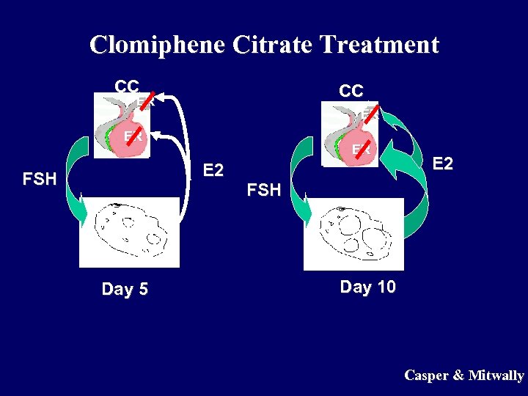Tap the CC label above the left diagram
click(127, 85)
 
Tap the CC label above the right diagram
click(351, 90)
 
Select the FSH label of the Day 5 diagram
click(40, 179)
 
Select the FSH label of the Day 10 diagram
click(264, 190)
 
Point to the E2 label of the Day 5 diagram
click(213, 170)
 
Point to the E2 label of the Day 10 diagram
click(442, 163)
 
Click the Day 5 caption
click(125, 289)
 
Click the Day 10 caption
click(367, 287)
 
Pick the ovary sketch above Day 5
click(130, 232)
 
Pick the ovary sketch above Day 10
click(353, 233)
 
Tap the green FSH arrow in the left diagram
click(76, 183)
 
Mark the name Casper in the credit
click(425, 375)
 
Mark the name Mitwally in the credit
click(496, 375)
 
